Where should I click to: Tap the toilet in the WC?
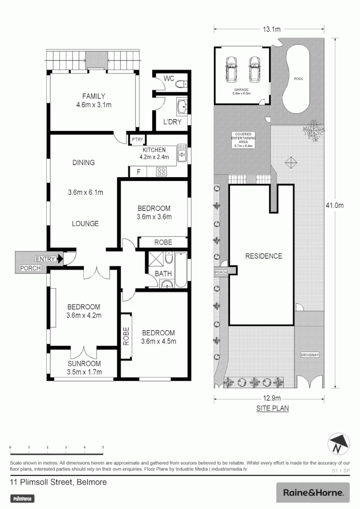tap(181, 85)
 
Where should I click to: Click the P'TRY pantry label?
tap(137, 140)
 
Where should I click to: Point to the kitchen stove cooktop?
tap(162, 172)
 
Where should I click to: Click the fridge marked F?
tap(139, 172)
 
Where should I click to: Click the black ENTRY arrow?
tap(60, 258)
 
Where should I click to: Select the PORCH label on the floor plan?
tap(30, 268)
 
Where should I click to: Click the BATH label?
tap(163, 273)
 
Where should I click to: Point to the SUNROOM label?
tap(84, 364)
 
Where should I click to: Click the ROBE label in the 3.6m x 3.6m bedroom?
tap(163, 242)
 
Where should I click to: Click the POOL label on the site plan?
tap(298, 79)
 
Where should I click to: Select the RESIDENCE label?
tap(263, 256)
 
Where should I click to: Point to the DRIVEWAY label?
tap(311, 354)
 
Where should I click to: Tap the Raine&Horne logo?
tap(313, 493)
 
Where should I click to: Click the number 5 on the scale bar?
tap(103, 447)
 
